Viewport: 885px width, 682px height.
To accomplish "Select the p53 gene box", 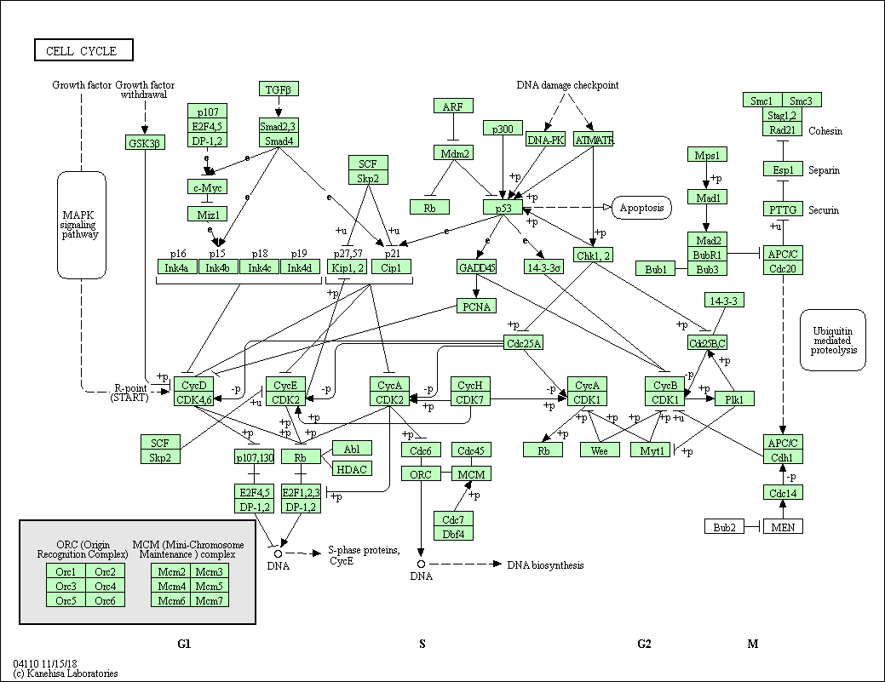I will (x=503, y=207).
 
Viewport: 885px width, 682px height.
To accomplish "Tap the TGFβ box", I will (x=279, y=89).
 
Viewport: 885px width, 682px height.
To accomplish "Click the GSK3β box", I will (x=144, y=142).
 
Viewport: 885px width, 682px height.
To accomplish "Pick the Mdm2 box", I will (x=456, y=153).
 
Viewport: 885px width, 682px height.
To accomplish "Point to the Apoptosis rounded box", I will (x=641, y=207).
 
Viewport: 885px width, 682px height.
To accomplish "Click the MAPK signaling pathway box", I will (x=81, y=224).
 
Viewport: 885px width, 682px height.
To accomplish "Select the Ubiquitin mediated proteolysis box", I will (x=833, y=339).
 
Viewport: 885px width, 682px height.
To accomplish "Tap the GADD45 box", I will (x=476, y=267).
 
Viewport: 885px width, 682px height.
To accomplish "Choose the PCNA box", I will (x=476, y=306).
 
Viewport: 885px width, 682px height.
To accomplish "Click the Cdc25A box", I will (x=523, y=343).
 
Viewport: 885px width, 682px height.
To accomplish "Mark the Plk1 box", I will (x=734, y=398).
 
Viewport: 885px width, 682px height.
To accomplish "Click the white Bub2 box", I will (x=725, y=527).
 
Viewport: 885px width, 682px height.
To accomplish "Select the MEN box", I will (x=783, y=527).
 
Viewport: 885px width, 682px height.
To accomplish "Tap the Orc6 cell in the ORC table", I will (x=106, y=599).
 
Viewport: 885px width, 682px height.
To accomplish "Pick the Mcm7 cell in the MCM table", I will (x=210, y=599).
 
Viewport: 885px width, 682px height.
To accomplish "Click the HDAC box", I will (x=352, y=468).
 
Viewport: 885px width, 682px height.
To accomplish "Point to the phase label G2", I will (x=645, y=644).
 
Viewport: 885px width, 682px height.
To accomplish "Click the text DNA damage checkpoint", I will (x=567, y=85).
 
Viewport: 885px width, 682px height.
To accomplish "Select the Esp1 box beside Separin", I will (x=783, y=169).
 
